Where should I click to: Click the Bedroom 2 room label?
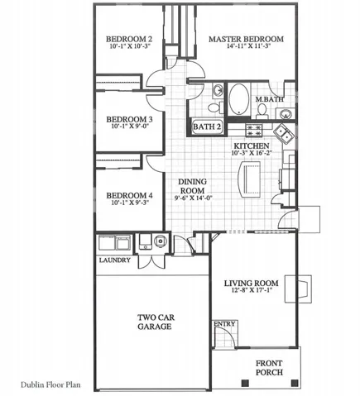point(129,39)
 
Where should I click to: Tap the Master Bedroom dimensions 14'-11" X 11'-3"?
point(248,46)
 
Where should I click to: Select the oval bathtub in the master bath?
point(238,99)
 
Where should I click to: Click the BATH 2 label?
point(207,126)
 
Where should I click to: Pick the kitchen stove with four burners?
point(254,131)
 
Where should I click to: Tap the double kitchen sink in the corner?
point(284,133)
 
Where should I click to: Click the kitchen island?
point(250,179)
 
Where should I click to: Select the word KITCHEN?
point(252,146)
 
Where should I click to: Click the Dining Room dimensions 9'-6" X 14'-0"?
point(193,198)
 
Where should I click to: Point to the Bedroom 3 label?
point(129,120)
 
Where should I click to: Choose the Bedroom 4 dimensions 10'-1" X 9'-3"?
point(130,203)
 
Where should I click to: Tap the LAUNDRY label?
point(115,260)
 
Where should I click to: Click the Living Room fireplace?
point(299,289)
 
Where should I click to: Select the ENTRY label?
point(224,324)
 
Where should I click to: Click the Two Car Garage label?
point(156,322)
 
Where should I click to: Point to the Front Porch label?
point(269,368)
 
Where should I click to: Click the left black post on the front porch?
point(245,383)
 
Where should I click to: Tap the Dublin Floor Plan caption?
point(50,384)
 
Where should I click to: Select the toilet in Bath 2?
point(216,107)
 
